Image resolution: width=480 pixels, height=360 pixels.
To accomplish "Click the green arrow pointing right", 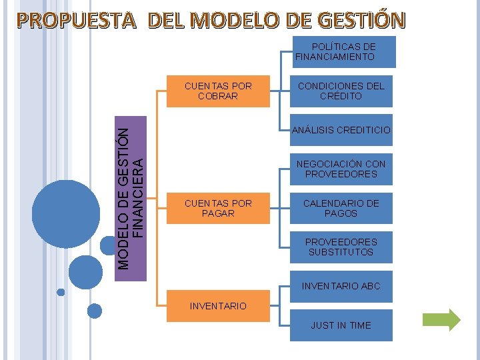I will [442, 320].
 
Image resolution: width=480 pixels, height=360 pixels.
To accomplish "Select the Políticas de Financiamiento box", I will [344, 52].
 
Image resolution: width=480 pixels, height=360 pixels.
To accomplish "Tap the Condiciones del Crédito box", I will [341, 91].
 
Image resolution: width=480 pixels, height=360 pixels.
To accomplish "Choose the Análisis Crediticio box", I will [341, 130].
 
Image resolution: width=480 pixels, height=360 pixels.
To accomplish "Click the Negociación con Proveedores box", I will [341, 169].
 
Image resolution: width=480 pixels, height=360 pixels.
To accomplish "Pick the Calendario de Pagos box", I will [341, 208].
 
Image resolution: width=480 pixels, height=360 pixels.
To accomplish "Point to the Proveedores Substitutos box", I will [341, 247].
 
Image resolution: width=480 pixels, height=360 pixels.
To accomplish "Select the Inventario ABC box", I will [341, 286].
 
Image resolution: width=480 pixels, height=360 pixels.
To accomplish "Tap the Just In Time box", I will [341, 325].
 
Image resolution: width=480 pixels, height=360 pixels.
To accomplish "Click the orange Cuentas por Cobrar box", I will [218, 91].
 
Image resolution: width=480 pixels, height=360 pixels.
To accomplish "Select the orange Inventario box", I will [218, 306].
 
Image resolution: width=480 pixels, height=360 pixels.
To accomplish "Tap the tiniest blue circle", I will [61, 292].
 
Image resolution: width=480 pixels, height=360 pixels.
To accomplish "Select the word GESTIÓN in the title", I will [365, 21].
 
